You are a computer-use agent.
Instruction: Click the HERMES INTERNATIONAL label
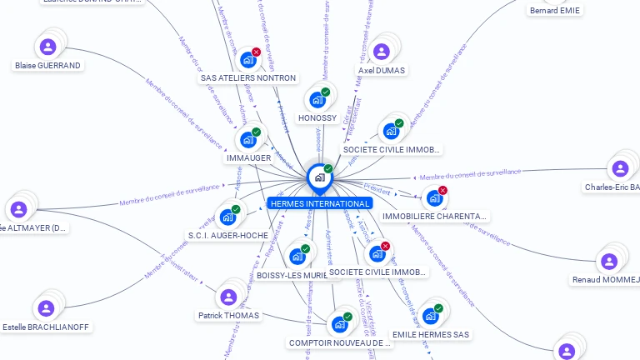coord(319,203)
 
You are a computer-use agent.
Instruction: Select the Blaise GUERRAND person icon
coord(47,47)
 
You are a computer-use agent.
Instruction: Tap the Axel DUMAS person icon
coord(381,52)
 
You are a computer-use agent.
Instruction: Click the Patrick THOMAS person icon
coord(227,297)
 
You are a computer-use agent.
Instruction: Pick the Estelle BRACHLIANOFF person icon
coord(46,307)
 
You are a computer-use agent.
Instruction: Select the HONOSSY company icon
coord(317,100)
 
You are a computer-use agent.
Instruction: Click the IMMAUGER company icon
coord(248,140)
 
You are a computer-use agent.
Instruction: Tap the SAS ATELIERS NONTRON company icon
coord(247,60)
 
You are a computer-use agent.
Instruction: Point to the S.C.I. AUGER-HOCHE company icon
coord(227,217)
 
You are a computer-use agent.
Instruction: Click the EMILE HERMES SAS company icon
coord(430,316)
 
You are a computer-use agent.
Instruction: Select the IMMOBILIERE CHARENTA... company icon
coord(434,198)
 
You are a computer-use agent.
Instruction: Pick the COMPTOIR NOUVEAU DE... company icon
coord(339,324)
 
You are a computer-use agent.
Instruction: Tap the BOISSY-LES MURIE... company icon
coord(297,257)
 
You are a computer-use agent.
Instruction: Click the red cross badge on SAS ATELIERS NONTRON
coord(257,52)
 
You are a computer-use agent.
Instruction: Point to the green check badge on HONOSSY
coord(326,92)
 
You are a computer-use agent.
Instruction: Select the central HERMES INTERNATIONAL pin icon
coord(318,177)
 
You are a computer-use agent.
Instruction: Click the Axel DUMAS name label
coord(382,71)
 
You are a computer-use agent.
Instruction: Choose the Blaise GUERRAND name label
coord(47,65)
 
